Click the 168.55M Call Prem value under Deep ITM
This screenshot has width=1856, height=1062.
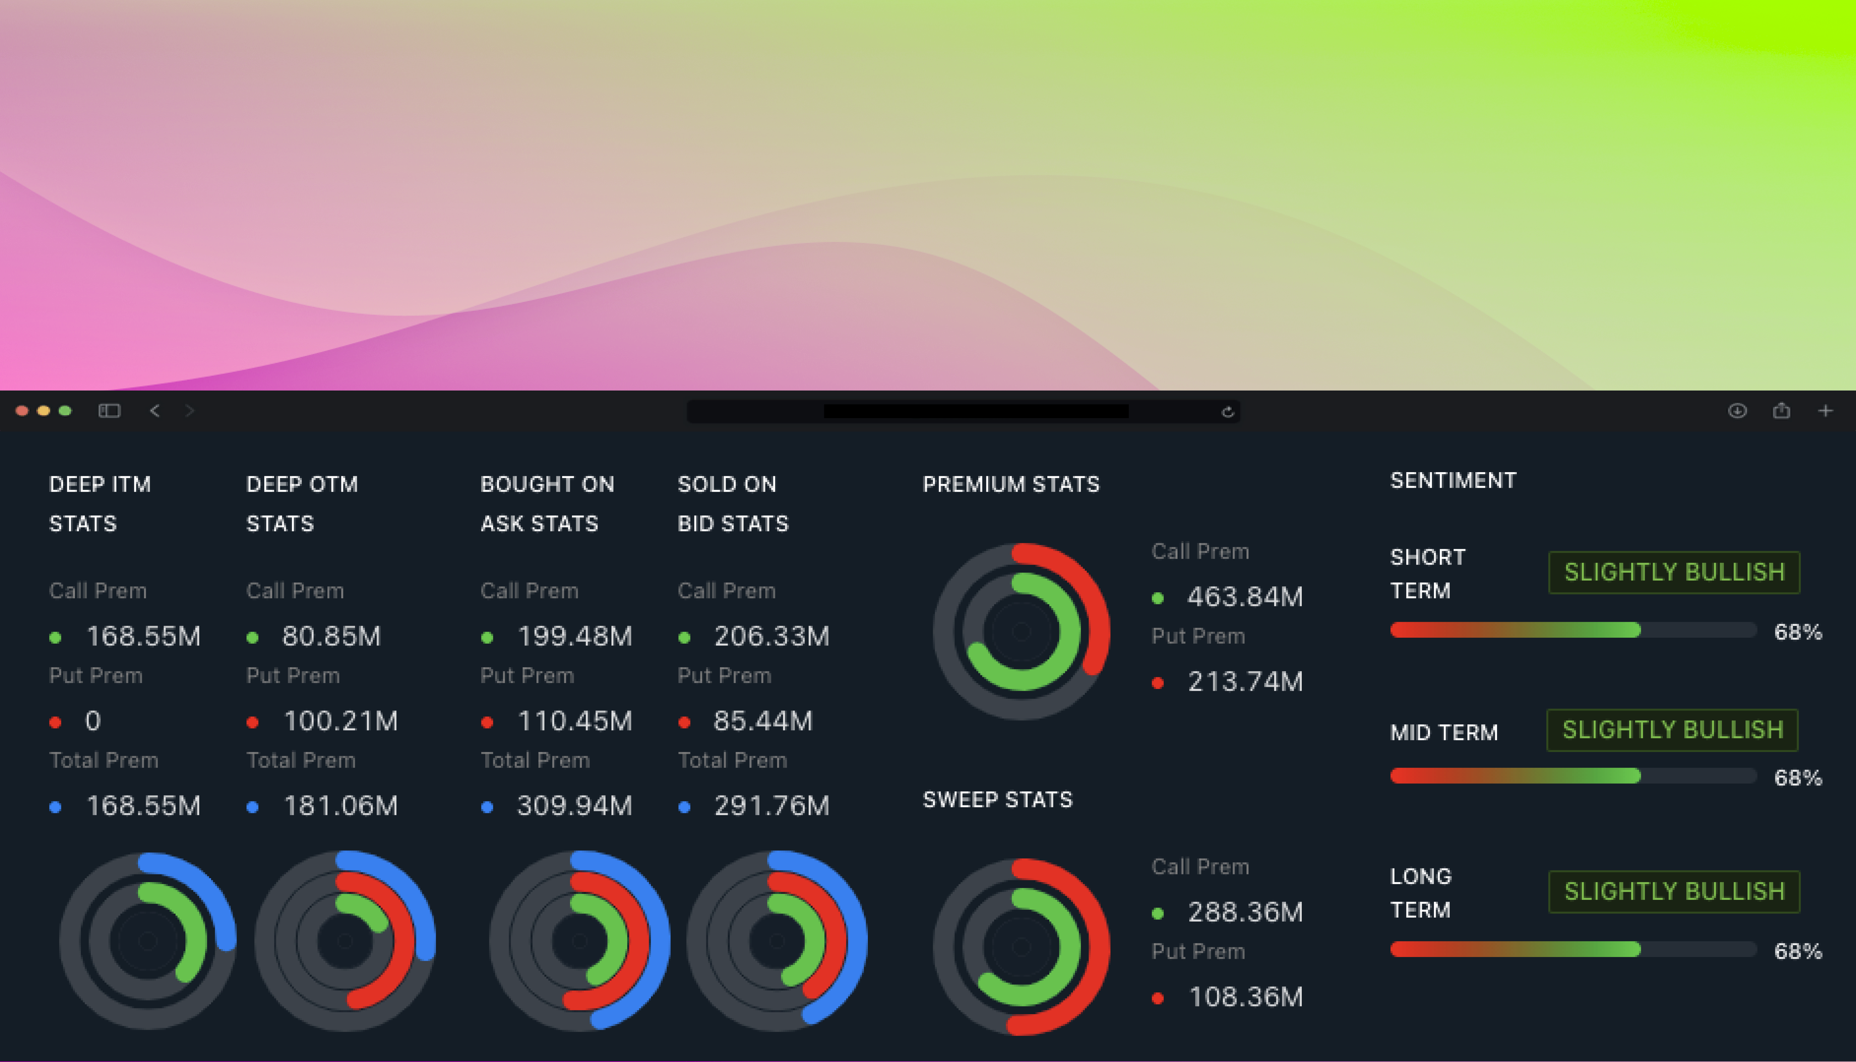coord(143,636)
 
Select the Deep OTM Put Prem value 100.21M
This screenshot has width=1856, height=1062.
coord(340,721)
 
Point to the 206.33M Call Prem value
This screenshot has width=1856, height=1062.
coord(771,636)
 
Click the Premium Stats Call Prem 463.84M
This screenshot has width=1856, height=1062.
coord(1244,597)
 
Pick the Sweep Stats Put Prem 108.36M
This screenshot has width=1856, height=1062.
coord(1245,996)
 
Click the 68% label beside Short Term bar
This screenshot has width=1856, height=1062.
coord(1798,632)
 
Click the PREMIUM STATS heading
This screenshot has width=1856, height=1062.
coord(1011,484)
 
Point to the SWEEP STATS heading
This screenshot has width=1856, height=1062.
coord(998,800)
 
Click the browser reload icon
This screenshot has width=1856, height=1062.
coord(1227,411)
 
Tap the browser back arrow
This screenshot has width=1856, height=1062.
coord(155,411)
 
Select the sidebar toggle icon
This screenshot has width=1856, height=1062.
coord(109,411)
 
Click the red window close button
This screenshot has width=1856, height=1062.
coord(22,411)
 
